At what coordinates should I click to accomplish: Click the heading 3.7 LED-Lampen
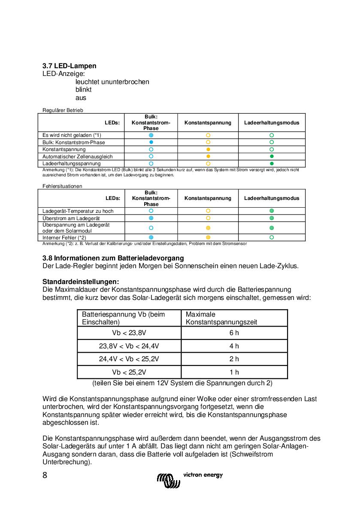pos(69,66)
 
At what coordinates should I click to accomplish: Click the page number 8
pos(45,475)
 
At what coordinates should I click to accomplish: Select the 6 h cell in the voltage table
pos(234,333)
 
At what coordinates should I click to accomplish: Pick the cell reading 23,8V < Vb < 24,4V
pos(129,346)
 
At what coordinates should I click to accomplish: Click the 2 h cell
pos(234,359)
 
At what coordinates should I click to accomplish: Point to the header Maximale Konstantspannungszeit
pos(221,318)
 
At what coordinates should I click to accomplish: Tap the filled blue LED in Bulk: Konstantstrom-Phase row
pos(151,142)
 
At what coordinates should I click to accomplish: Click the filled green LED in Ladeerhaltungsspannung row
pos(272,164)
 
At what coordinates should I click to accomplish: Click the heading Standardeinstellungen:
pos(80,281)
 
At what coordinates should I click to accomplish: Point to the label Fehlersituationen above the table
pos(62,186)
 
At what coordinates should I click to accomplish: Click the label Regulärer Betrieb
pos(63,110)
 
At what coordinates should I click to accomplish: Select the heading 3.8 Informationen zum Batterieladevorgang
pos(113,258)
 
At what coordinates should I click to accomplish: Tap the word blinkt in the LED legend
pos(83,90)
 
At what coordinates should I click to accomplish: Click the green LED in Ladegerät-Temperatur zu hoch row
pos(272,211)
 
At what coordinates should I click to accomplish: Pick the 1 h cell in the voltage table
pos(234,372)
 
